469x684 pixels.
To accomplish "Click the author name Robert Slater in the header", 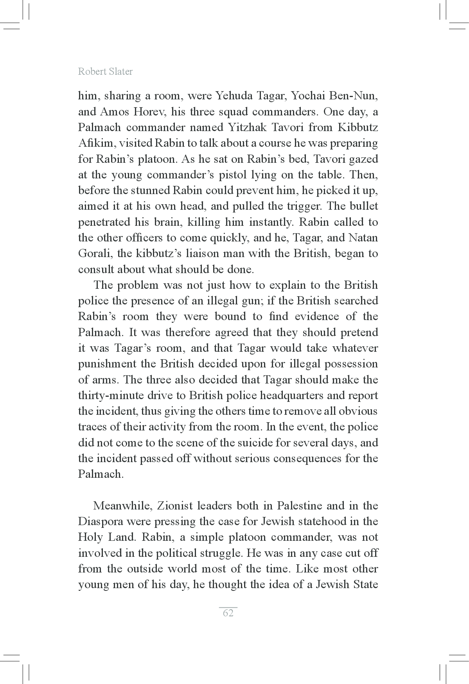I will pos(105,72).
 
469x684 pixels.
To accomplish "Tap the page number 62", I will pos(228,613).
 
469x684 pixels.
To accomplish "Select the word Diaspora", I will pos(99,522).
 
